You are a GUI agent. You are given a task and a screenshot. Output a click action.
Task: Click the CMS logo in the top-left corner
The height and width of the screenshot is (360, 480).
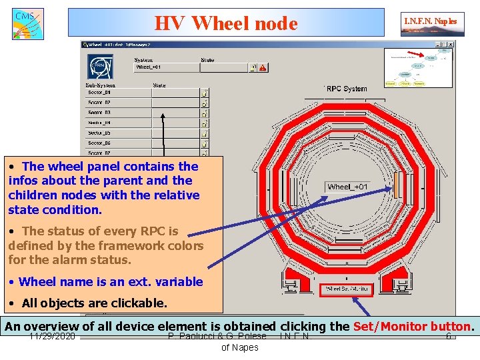[27, 23]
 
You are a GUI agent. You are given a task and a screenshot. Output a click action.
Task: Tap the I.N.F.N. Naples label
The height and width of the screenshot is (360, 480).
[430, 21]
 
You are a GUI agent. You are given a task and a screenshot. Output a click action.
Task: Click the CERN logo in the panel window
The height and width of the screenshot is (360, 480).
[99, 67]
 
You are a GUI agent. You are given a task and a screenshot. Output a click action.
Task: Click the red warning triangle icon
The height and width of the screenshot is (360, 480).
[263, 67]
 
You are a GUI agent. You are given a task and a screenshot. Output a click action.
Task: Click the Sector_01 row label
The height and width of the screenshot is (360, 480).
[99, 93]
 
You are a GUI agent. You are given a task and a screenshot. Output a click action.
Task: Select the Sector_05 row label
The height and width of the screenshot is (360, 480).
[99, 133]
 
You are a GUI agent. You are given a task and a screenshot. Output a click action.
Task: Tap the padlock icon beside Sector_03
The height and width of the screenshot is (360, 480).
[205, 113]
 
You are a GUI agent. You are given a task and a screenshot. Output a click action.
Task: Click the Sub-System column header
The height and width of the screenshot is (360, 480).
[101, 85]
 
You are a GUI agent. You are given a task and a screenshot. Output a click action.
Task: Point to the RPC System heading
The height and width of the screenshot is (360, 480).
[347, 89]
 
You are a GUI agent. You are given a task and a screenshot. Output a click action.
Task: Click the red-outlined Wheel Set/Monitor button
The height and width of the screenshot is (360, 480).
[345, 290]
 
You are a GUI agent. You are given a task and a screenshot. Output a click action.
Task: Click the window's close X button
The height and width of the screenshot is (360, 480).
[451, 44]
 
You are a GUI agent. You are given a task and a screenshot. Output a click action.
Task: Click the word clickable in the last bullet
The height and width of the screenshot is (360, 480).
[137, 303]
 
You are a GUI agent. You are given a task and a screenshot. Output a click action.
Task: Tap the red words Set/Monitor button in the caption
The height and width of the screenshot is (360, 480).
[411, 327]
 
